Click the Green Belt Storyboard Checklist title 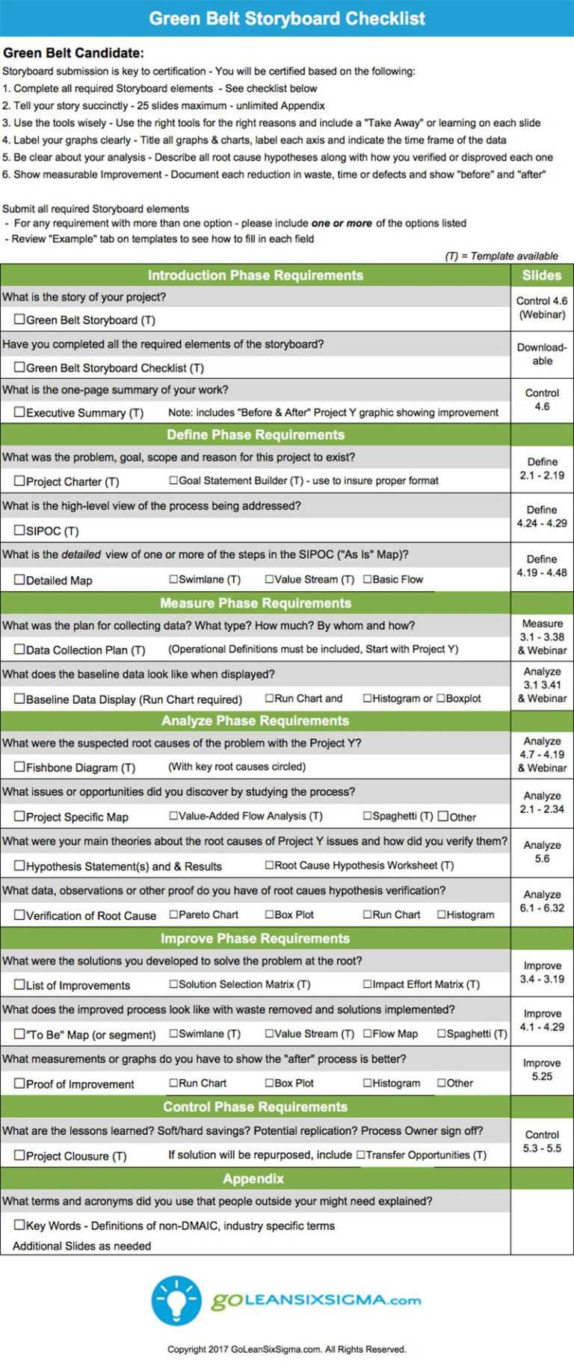click(x=287, y=18)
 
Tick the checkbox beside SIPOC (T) click(x=19, y=530)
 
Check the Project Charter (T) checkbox click(x=19, y=480)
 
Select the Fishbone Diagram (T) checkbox click(x=19, y=766)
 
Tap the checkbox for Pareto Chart click(x=173, y=914)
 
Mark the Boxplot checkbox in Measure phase click(x=441, y=698)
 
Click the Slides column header click(x=542, y=275)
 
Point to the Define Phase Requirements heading click(x=256, y=434)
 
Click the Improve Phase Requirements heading click(x=256, y=938)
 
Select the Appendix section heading click(x=253, y=1178)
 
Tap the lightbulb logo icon click(x=176, y=1300)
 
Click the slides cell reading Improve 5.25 click(x=542, y=1069)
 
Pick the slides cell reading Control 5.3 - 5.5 click(x=542, y=1141)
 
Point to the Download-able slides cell click(x=542, y=353)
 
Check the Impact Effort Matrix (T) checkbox click(x=368, y=984)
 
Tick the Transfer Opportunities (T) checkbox click(x=361, y=1155)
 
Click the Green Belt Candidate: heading click(x=73, y=53)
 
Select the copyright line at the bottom click(x=287, y=1349)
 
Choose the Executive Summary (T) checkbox click(x=19, y=412)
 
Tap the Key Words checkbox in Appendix click(x=19, y=1225)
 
